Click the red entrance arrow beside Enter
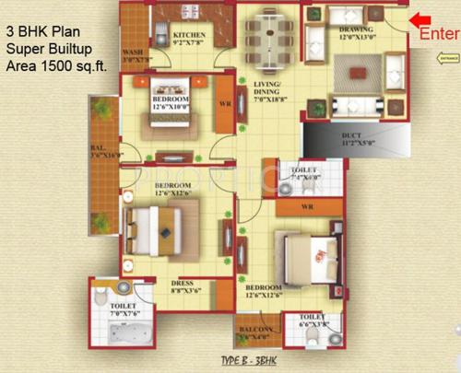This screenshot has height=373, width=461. pos(420,18)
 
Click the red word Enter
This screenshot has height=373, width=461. pos(439,34)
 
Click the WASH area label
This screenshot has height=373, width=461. pos(133,56)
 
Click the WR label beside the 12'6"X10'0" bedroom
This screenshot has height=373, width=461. pos(223,104)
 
